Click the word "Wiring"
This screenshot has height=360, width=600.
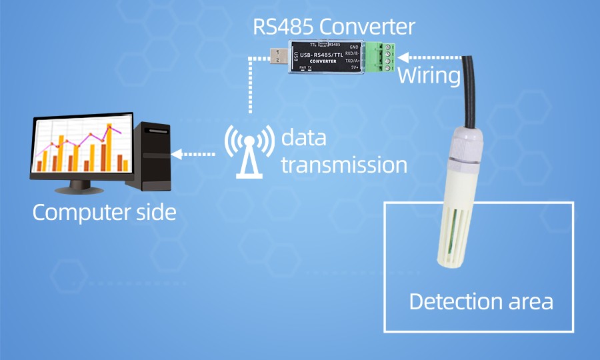[x=429, y=76]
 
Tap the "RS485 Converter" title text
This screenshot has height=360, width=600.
[x=333, y=27]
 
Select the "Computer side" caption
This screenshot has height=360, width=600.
[x=105, y=213]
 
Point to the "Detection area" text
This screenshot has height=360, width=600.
[x=481, y=301]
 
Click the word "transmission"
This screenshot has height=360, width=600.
[x=343, y=165]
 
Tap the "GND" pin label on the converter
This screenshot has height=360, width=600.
[x=353, y=46]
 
